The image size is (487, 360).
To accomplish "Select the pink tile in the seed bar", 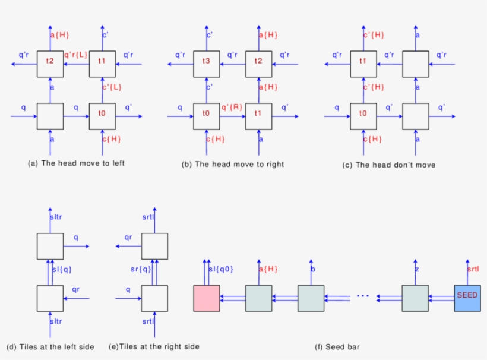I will pyautogui.click(x=207, y=298).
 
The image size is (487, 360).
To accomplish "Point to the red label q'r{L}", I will pyautogui.click(x=76, y=55).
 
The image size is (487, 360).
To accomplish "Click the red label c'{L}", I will pyautogui.click(x=112, y=88).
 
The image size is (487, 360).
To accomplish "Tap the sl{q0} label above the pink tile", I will pyautogui.click(x=221, y=269).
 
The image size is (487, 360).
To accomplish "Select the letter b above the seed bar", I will pyautogui.click(x=313, y=269).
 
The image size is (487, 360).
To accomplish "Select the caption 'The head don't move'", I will pyautogui.click(x=389, y=165).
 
